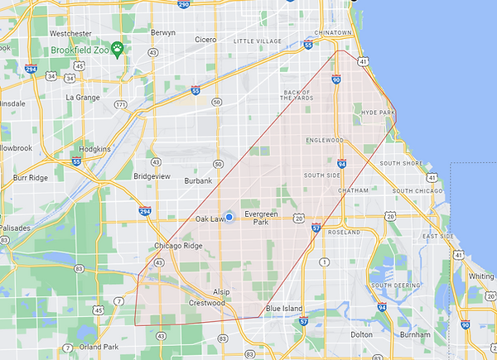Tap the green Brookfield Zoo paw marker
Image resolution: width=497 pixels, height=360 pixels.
[119, 49]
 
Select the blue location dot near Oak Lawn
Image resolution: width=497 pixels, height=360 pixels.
[229, 217]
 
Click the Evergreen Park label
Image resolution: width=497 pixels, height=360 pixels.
[262, 218]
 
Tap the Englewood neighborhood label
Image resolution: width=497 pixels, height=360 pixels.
[323, 140]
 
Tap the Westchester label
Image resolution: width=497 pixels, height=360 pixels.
[70, 33]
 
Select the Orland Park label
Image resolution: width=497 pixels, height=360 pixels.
[99, 347]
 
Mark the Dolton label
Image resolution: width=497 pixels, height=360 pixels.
[361, 334]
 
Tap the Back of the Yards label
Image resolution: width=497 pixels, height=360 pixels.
[297, 95]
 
